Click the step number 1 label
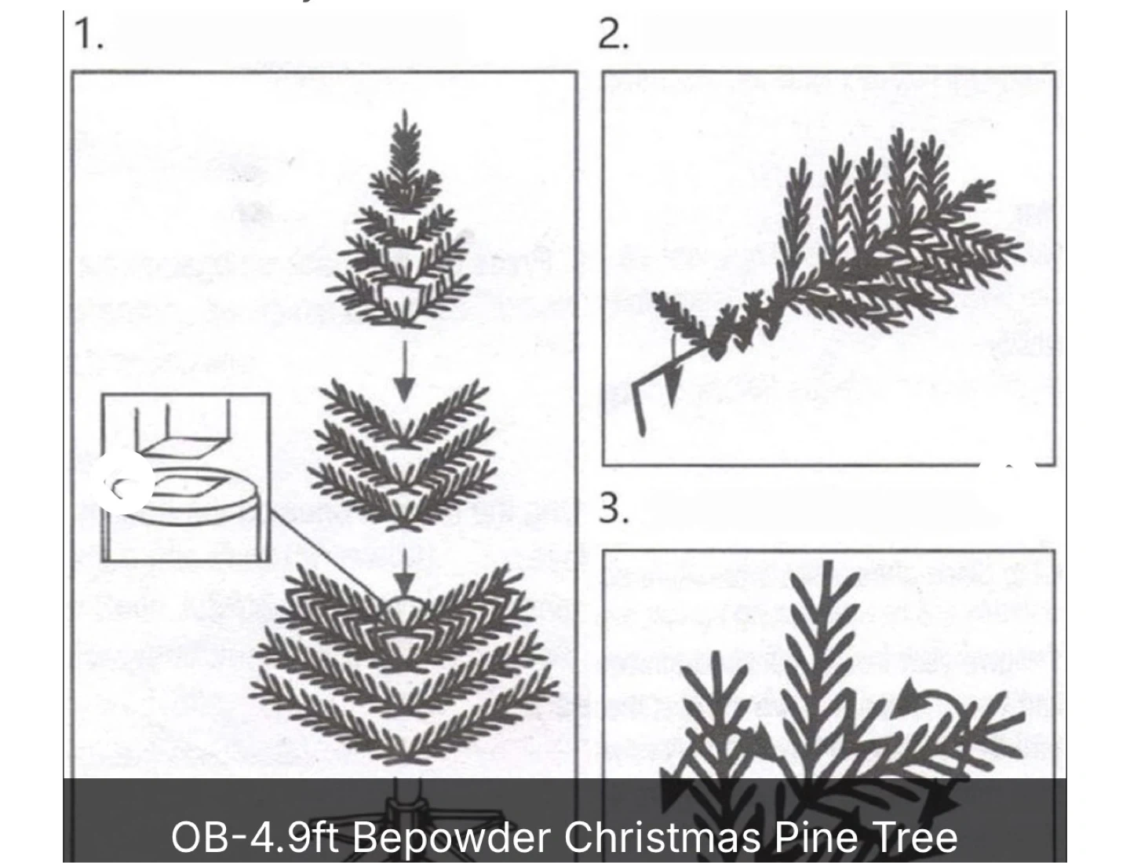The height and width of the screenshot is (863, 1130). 89,34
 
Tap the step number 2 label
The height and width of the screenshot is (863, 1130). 613,34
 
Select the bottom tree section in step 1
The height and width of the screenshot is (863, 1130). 404,664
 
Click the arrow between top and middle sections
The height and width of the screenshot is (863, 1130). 405,371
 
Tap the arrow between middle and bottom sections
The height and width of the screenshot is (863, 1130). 405,572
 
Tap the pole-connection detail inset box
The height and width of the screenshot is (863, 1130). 185,477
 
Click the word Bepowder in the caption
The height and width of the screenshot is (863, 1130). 451,838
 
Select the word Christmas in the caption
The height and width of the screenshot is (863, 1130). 662,837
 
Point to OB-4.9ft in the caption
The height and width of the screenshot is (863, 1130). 254,837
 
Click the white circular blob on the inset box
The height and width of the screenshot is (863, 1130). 126,484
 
